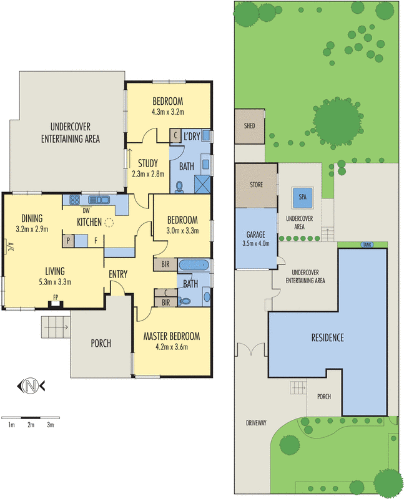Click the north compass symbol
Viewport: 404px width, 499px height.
(x=31, y=385)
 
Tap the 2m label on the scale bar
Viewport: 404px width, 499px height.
(x=31, y=425)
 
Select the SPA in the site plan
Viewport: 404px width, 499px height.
(x=302, y=197)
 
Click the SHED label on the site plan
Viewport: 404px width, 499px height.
(x=250, y=126)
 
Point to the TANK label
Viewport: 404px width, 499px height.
(x=367, y=245)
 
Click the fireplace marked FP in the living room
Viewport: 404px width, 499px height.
(x=56, y=304)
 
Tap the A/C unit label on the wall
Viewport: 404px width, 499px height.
(x=9, y=246)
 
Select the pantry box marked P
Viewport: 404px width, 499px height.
(x=68, y=241)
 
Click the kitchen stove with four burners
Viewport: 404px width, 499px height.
(x=74, y=200)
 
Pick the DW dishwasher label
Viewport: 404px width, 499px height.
(x=86, y=210)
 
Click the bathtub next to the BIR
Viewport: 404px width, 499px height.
(x=194, y=264)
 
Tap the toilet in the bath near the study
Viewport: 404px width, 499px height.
(x=179, y=187)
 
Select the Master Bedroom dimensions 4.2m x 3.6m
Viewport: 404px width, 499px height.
(x=172, y=347)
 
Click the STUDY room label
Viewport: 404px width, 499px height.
(x=148, y=163)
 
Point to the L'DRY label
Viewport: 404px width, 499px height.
(x=192, y=137)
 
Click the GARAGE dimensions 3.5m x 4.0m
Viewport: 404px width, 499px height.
(x=256, y=243)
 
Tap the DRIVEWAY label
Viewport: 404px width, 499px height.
(x=256, y=423)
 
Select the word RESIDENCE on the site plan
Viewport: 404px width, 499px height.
(x=328, y=337)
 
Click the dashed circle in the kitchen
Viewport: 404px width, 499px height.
(x=109, y=223)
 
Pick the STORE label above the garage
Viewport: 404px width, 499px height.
(x=256, y=185)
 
